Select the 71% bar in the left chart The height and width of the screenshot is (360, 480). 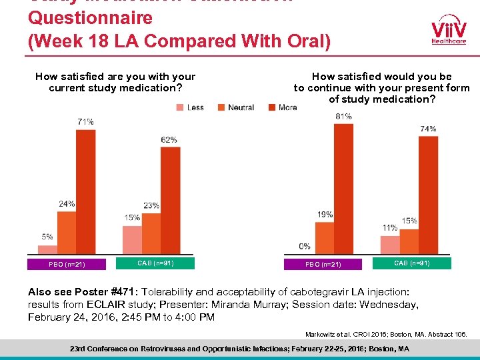[x=85, y=191]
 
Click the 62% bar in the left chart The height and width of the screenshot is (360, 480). [x=170, y=200]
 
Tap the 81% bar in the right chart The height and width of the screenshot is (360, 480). [x=343, y=189]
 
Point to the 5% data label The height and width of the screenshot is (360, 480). [x=47, y=237]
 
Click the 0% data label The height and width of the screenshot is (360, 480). [x=305, y=247]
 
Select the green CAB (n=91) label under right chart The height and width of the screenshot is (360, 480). [x=412, y=263]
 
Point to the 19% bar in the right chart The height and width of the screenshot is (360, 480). [x=324, y=237]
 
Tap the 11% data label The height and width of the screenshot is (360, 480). [x=390, y=228]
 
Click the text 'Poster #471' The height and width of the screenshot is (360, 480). [x=104, y=291]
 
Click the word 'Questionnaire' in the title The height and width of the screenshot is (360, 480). [x=90, y=18]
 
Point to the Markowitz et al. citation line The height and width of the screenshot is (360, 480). [x=386, y=333]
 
